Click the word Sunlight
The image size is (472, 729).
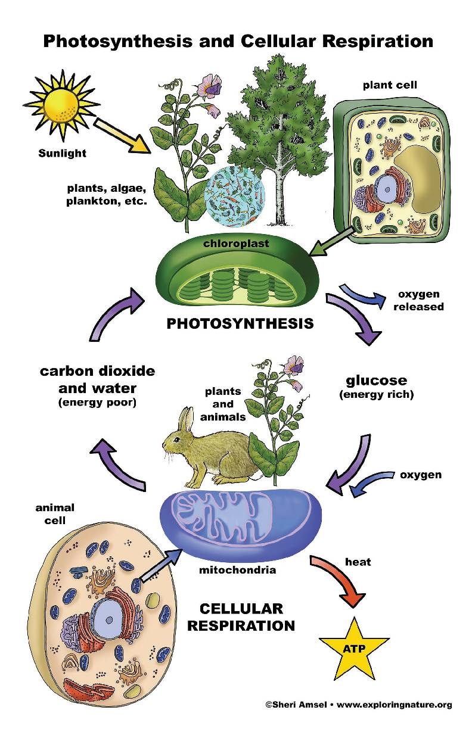point(63,153)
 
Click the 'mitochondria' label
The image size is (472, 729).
point(237,570)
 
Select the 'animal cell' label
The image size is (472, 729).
point(55,514)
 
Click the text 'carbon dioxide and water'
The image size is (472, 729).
point(97,380)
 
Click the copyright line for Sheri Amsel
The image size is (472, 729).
point(358,705)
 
